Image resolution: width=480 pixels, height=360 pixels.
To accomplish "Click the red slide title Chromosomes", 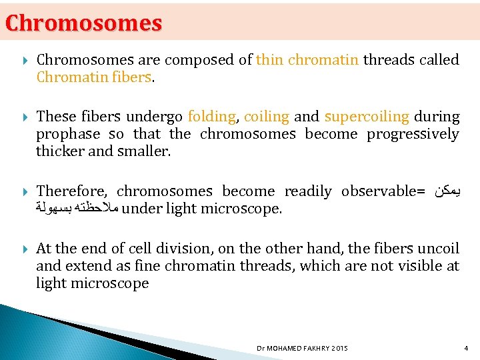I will (84, 23).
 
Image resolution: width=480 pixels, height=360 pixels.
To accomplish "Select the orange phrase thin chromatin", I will (307, 60).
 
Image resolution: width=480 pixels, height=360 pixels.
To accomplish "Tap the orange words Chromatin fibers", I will (95, 77).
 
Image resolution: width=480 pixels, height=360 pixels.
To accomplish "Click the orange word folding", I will (211, 117).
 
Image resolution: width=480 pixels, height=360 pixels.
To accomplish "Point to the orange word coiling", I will (266, 117).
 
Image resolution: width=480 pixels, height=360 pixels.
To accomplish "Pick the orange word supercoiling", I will (367, 117).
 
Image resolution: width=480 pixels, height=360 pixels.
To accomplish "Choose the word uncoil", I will (438, 249).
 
